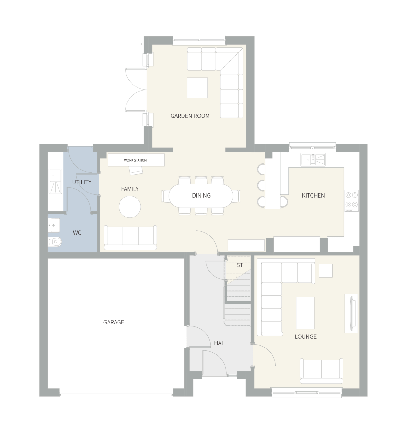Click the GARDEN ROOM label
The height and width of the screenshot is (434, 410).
click(x=190, y=116)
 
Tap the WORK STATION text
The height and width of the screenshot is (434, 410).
click(x=135, y=160)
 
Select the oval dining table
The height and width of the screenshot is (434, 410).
click(x=201, y=196)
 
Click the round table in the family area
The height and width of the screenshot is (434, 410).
click(x=130, y=207)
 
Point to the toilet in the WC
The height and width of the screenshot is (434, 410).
click(x=56, y=242)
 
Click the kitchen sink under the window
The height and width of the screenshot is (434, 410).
click(x=312, y=160)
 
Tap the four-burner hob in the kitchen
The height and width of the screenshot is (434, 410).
click(x=351, y=201)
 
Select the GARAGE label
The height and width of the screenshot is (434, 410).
click(x=114, y=322)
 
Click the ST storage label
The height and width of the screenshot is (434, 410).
click(x=240, y=265)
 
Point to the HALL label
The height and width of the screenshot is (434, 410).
click(x=220, y=343)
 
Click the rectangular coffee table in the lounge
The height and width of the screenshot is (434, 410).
click(x=305, y=313)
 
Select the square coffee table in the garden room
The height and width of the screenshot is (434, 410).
click(x=197, y=88)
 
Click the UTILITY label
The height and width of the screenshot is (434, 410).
click(x=82, y=182)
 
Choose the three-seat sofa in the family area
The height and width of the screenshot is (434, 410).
click(x=130, y=237)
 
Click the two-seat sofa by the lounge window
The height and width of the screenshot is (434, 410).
click(x=321, y=370)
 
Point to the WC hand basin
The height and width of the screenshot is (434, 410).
click(x=53, y=225)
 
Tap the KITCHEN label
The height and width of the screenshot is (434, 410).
click(x=313, y=196)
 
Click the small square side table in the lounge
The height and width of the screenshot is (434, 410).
click(x=325, y=271)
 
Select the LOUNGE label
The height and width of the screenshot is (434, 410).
click(x=305, y=337)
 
